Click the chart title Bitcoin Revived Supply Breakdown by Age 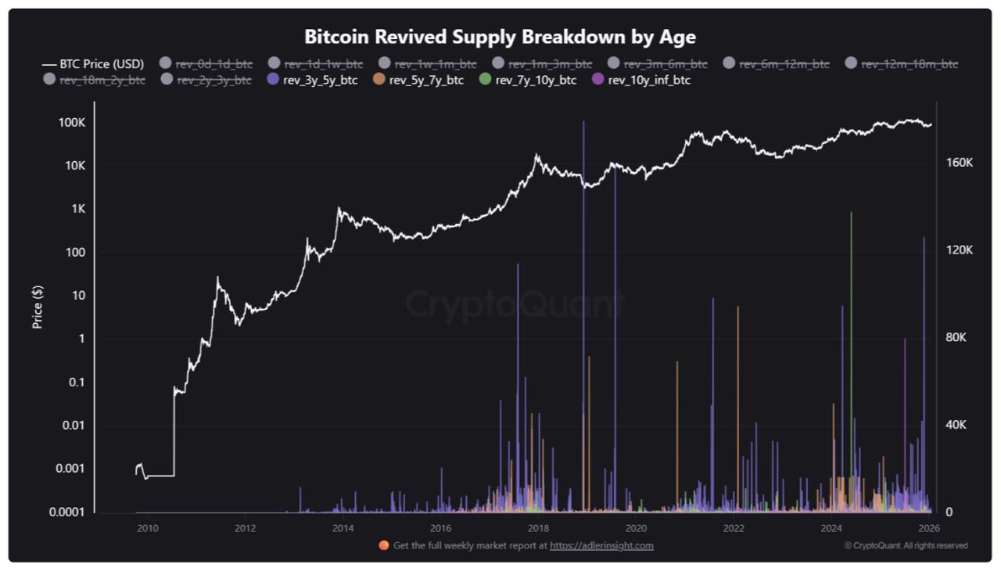click(x=500, y=37)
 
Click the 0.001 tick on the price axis click(x=67, y=469)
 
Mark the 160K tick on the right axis click(x=959, y=163)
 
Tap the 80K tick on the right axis click(x=959, y=337)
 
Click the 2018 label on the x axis click(x=538, y=528)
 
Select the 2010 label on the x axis click(x=147, y=528)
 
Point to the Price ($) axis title click(x=38, y=306)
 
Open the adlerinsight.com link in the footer click(x=601, y=545)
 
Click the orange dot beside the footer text click(x=383, y=545)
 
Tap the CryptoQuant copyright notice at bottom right click(x=906, y=545)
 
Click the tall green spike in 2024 click(x=851, y=313)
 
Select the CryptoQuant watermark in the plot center click(x=514, y=304)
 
